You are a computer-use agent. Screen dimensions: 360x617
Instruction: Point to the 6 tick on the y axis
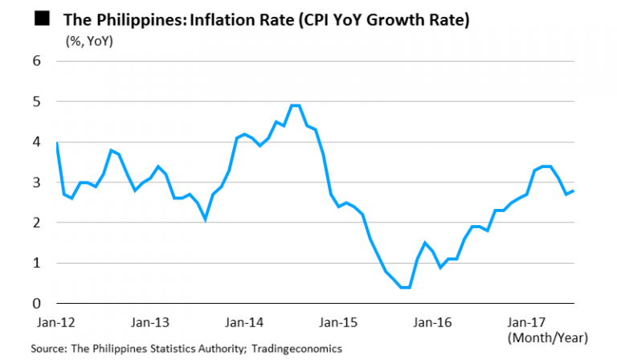pos(37,61)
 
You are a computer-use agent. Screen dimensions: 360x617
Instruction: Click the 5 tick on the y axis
pos(37,102)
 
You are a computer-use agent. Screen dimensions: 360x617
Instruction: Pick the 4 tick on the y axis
pos(37,142)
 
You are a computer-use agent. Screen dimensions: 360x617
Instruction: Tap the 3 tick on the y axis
pos(37,183)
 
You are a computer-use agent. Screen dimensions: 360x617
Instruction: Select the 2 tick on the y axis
pos(37,223)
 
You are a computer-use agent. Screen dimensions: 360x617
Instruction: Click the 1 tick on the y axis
pos(37,264)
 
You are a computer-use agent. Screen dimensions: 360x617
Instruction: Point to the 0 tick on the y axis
pos(37,304)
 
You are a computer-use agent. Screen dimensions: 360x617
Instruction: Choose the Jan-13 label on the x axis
pos(149,322)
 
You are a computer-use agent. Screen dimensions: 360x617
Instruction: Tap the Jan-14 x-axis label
pos(244,322)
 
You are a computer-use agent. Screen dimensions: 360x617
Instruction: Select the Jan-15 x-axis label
pos(339,322)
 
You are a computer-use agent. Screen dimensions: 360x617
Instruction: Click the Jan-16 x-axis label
pos(434,322)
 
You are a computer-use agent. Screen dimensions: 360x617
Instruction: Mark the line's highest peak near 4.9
pos(295,105)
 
